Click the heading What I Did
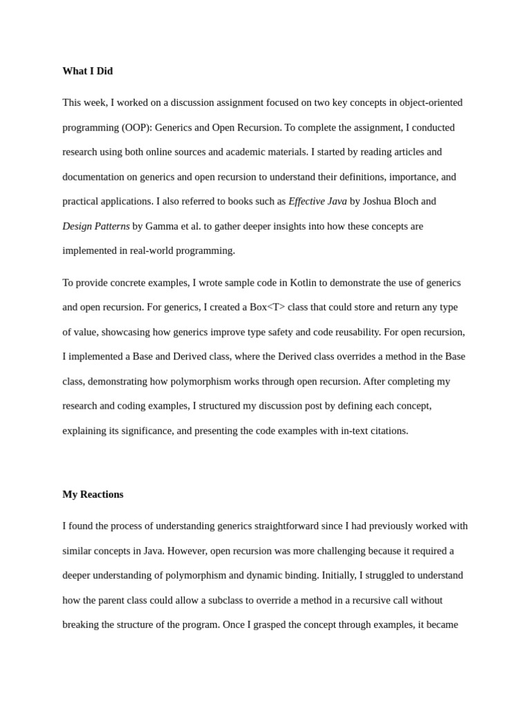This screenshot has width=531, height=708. [x=87, y=71]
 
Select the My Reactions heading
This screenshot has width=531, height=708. [x=93, y=494]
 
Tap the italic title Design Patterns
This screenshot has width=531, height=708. [x=96, y=226]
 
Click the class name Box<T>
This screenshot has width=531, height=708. [x=268, y=307]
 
